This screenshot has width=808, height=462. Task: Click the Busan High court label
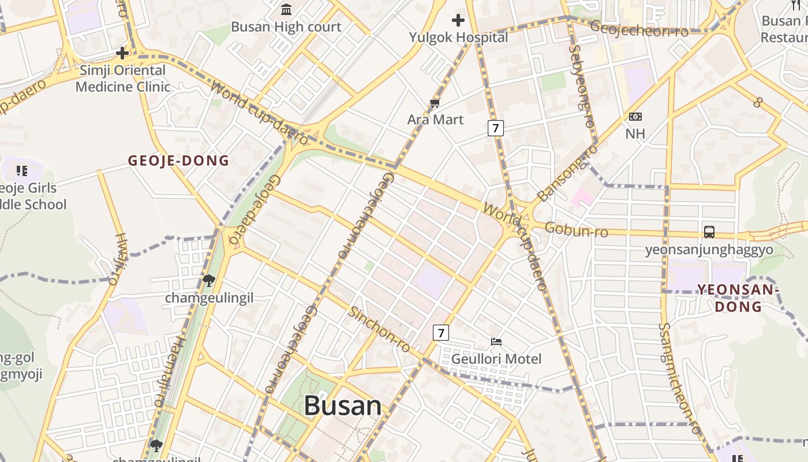286,27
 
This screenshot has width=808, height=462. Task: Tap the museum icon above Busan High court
286,9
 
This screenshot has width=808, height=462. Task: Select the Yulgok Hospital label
458,38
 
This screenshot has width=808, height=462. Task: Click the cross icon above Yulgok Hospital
458,21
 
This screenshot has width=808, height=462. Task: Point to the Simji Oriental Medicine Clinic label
122,79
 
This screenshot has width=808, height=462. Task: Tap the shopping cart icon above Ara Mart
435,103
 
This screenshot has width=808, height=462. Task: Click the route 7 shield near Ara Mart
495,128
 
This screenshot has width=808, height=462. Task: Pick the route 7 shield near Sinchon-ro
441,333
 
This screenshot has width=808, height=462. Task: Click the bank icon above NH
635,117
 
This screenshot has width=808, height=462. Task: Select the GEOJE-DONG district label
178,161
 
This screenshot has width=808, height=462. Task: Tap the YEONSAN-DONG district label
738,298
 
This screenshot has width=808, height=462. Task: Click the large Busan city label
343,405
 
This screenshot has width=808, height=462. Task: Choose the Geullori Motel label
496,359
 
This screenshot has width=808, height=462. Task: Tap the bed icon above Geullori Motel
496,342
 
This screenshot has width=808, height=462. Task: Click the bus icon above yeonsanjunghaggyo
709,232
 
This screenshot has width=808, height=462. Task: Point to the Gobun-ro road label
577,230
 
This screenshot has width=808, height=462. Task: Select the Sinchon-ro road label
379,329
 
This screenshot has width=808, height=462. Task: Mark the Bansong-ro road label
568,173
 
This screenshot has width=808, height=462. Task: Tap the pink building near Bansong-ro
582,198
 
